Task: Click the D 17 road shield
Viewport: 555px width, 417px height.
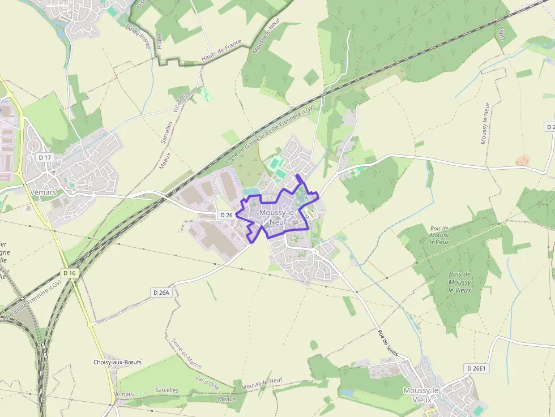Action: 45,157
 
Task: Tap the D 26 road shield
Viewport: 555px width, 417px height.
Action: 226,215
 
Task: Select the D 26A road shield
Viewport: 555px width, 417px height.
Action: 161,293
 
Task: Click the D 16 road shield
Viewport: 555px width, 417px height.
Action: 70,273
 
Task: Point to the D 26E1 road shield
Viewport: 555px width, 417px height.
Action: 476,368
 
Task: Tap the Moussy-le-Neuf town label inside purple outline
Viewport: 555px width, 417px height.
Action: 277,217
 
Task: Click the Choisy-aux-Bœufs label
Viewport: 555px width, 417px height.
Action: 118,362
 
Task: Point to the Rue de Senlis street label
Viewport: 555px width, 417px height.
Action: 388,342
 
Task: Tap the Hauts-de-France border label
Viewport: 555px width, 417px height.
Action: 221,50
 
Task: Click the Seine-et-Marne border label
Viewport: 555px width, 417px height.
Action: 186,354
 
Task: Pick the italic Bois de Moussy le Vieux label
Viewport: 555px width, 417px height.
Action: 459,282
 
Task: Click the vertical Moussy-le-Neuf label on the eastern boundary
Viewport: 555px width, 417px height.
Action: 484,123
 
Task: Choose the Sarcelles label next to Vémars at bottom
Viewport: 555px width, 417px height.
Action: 166,390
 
